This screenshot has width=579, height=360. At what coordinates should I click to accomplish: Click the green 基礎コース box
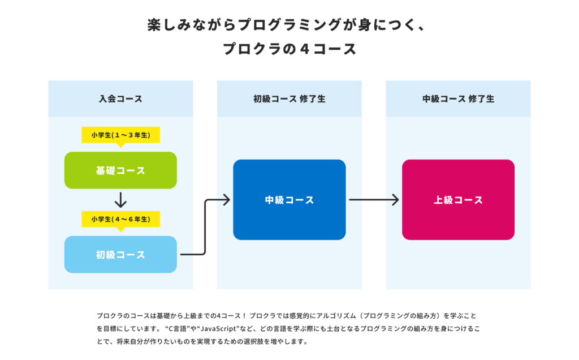pyautogui.click(x=120, y=170)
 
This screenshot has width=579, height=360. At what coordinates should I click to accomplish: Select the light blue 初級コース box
pyautogui.click(x=120, y=255)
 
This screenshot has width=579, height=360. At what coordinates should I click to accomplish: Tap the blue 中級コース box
pyautogui.click(x=289, y=200)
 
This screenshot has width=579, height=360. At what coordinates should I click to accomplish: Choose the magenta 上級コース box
pyautogui.click(x=458, y=200)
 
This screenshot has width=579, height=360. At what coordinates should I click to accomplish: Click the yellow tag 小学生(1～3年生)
pyautogui.click(x=121, y=135)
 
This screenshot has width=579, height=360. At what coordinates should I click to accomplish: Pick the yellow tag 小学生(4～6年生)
pyautogui.click(x=121, y=220)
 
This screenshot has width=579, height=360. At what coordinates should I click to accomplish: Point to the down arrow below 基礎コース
pyautogui.click(x=120, y=200)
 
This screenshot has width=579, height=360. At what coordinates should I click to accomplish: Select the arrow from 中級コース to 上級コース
pyautogui.click(x=374, y=200)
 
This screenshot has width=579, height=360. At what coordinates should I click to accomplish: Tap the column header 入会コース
pyautogui.click(x=120, y=99)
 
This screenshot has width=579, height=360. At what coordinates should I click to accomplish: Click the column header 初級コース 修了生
pyautogui.click(x=289, y=99)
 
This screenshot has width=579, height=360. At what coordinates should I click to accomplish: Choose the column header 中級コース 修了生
pyautogui.click(x=458, y=99)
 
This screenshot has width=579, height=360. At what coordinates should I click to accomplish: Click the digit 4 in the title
pyautogui.click(x=305, y=49)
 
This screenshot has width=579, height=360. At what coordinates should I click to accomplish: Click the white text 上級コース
pyautogui.click(x=458, y=200)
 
